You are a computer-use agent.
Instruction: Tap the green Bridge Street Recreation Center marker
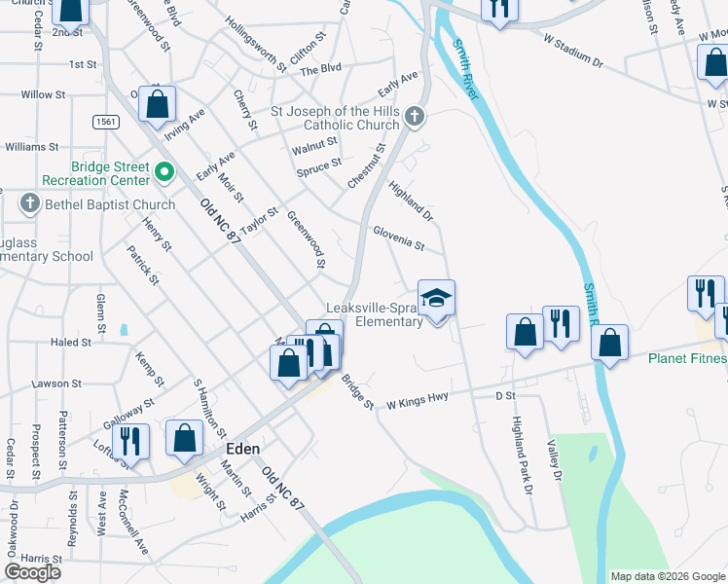point(164,174)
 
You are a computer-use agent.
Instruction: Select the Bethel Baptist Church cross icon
point(29,204)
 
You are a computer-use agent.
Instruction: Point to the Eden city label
point(242,450)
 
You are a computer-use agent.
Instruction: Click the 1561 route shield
point(107,122)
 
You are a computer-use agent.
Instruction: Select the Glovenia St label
point(398,237)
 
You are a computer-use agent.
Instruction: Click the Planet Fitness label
point(687,358)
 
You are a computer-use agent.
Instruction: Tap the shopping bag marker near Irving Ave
point(157,104)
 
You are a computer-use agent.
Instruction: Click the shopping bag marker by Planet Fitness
point(609,343)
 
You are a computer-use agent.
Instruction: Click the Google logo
point(33,572)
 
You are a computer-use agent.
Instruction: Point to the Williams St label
point(32,146)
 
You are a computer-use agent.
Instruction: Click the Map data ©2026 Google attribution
point(667,576)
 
